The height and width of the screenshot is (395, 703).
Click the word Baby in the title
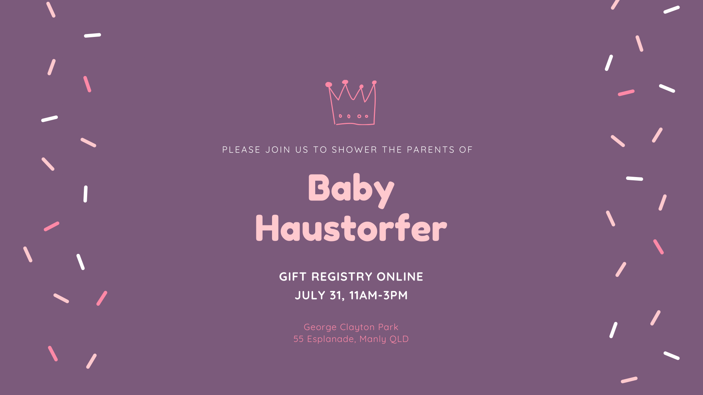[x=351, y=189]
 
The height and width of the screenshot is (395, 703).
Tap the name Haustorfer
[x=351, y=228]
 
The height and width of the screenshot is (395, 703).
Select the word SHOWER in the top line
[x=354, y=150]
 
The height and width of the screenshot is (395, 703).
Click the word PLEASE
[x=241, y=150]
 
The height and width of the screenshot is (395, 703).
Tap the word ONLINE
[x=400, y=276]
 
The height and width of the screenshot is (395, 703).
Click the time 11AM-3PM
[x=378, y=295]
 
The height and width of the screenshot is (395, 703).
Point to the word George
[x=320, y=327]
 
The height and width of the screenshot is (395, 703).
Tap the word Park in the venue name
[x=388, y=327]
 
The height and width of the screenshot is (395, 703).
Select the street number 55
[x=298, y=339]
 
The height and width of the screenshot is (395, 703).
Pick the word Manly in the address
[x=373, y=339]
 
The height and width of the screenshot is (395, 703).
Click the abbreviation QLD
[x=399, y=339]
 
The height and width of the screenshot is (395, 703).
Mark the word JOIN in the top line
[x=278, y=150]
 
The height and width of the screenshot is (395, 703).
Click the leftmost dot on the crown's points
[x=329, y=85]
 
